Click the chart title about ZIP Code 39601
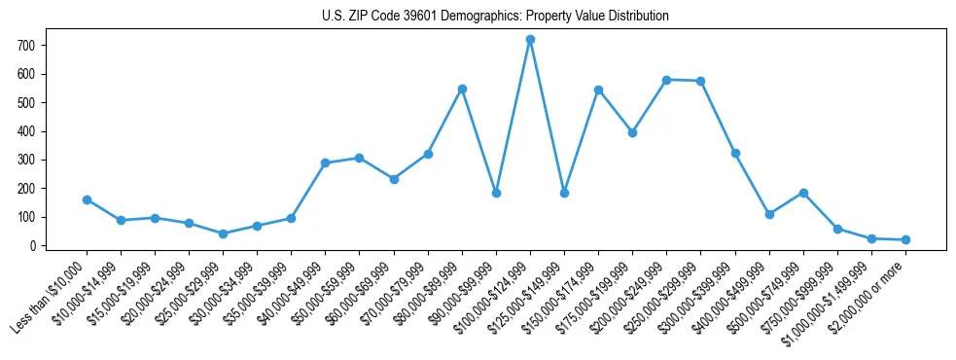pyautogui.click(x=495, y=17)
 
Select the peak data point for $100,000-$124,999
pyautogui.click(x=530, y=40)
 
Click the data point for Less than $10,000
pyautogui.click(x=87, y=199)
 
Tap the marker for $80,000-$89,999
pyautogui.click(x=462, y=89)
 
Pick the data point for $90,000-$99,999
pyautogui.click(x=496, y=193)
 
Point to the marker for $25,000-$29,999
pyautogui.click(x=223, y=234)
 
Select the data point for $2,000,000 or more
pyautogui.click(x=905, y=239)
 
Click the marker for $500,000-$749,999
pyautogui.click(x=803, y=193)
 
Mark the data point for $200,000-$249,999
pyautogui.click(x=666, y=80)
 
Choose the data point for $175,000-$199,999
pyautogui.click(x=632, y=132)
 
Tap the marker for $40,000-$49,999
pyautogui.click(x=325, y=162)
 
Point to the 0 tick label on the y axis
pyautogui.click(x=32, y=246)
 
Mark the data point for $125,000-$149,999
pyautogui.click(x=564, y=193)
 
